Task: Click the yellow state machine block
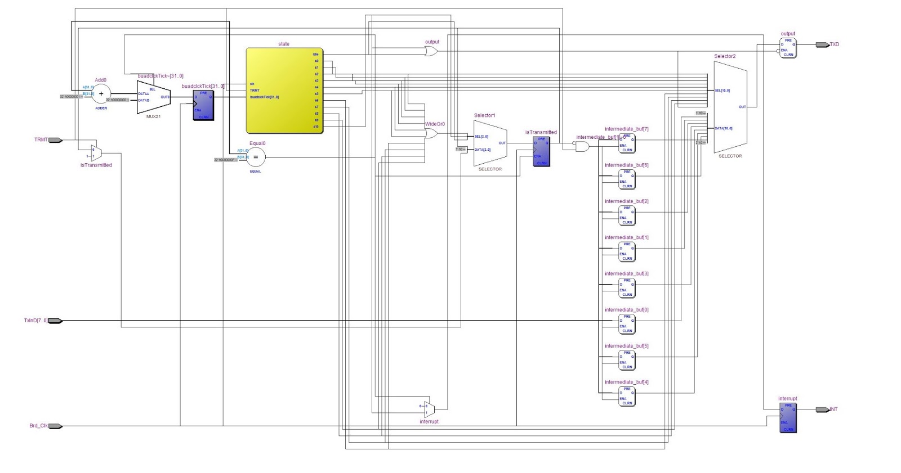pyautogui.click(x=284, y=90)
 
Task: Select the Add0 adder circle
pyautogui.click(x=101, y=94)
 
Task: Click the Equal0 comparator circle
pyautogui.click(x=256, y=157)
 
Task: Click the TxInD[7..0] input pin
pyautogui.click(x=55, y=321)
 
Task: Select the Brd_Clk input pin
pyautogui.click(x=55, y=426)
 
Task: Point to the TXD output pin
pyautogui.click(x=822, y=44)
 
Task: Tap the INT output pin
pyautogui.click(x=822, y=409)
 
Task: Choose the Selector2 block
pyautogui.click(x=730, y=106)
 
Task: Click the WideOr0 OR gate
pyautogui.click(x=431, y=133)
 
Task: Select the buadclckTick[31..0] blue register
pyautogui.click(x=203, y=105)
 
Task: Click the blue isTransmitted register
pyautogui.click(x=541, y=151)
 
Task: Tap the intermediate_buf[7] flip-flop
pyautogui.click(x=627, y=143)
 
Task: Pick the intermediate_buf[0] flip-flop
pyautogui.click(x=627, y=324)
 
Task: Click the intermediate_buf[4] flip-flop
pyautogui.click(x=627, y=396)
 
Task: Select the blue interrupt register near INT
pyautogui.click(x=788, y=417)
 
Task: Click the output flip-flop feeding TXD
pyautogui.click(x=788, y=48)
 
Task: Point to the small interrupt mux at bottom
pyautogui.click(x=430, y=409)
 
